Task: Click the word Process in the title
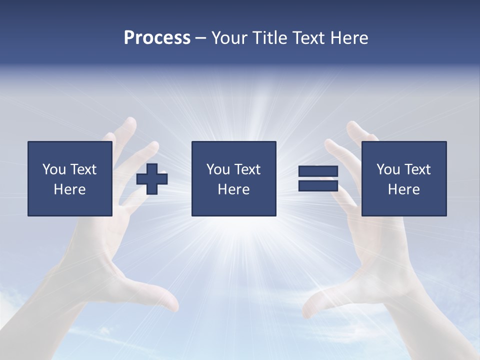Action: (x=157, y=38)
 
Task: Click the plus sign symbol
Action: (x=152, y=179)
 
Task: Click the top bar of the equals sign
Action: (x=318, y=171)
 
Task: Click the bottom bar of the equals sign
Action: (x=318, y=185)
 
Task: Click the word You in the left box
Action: (x=54, y=169)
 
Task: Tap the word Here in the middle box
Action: (x=233, y=189)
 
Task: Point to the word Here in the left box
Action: (x=69, y=189)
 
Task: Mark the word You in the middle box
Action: (x=218, y=169)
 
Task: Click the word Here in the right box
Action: (x=403, y=189)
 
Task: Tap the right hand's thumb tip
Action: (x=307, y=310)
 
